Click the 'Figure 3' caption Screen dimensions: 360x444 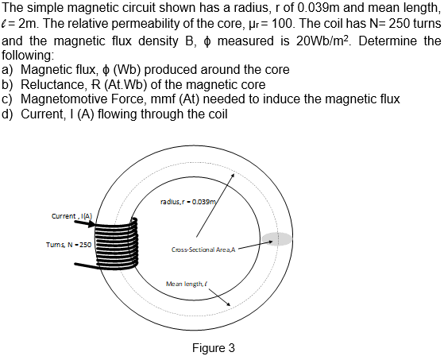(x=214, y=347)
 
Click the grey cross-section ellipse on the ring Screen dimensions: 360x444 (x=277, y=239)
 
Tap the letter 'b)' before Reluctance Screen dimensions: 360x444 (x=9, y=84)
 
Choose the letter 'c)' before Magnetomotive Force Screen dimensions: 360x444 (x=9, y=99)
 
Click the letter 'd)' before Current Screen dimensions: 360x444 (x=9, y=114)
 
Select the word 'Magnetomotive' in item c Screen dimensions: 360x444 (x=69, y=99)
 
